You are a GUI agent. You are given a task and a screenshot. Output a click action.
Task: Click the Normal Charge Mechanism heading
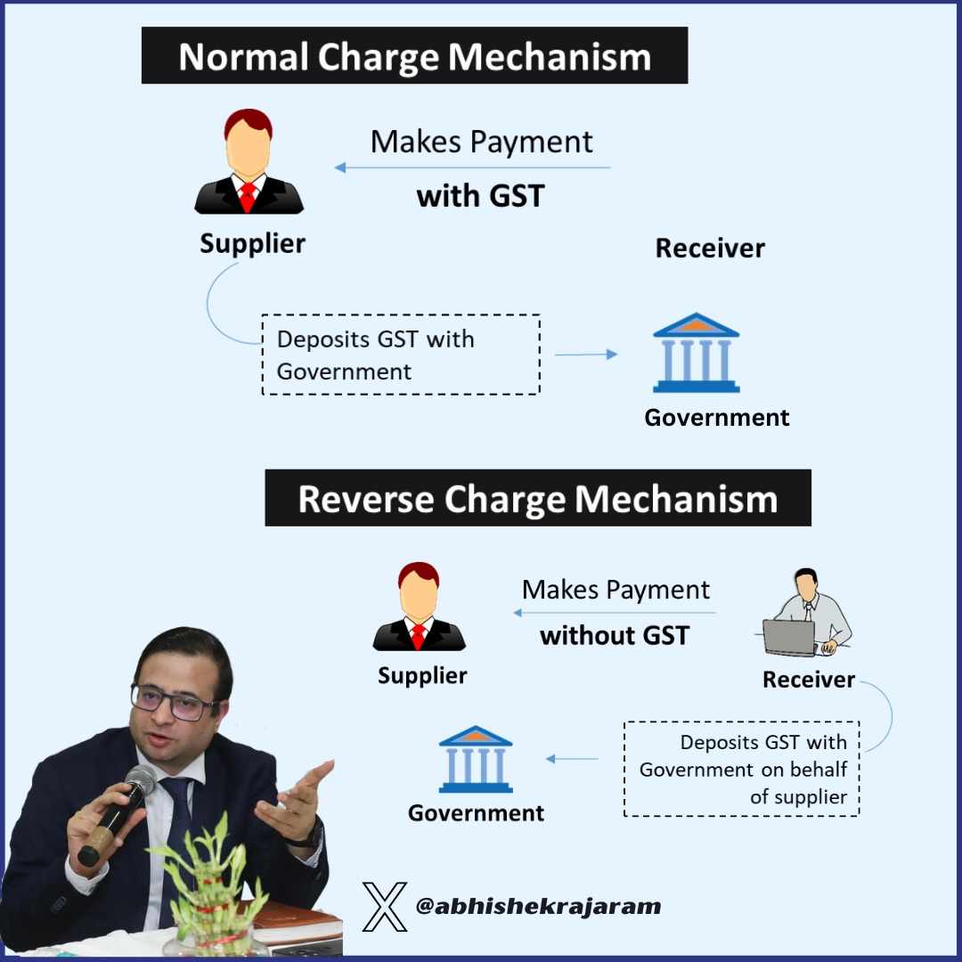point(414,56)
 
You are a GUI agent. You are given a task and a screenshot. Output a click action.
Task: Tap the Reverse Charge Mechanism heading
point(537,499)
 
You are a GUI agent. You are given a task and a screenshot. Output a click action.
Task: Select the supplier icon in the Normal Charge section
point(249,162)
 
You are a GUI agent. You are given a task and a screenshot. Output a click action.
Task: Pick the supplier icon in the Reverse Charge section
point(419,607)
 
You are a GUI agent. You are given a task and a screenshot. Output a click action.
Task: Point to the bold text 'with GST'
point(480,196)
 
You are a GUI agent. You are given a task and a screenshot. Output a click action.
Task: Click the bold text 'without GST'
point(615,635)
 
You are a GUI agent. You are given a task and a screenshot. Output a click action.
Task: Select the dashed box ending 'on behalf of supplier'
point(741,769)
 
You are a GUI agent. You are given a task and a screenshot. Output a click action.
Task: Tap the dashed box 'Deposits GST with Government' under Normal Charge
point(400,355)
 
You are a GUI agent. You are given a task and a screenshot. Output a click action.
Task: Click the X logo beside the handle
point(385,907)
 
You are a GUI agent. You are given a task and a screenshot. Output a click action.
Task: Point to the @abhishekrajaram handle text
point(538,907)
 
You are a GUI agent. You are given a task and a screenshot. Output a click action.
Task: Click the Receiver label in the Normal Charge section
point(710,248)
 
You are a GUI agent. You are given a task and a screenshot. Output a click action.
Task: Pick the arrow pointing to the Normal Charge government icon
point(586,355)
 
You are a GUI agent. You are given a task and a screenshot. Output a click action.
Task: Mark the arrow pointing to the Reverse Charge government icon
point(572,759)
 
